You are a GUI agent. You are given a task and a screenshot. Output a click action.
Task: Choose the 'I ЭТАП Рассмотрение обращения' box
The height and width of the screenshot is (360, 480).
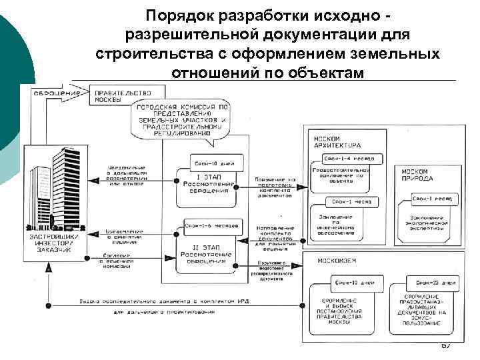[205, 183]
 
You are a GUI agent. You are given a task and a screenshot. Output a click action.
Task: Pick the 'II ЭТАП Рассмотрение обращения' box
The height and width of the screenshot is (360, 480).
[207, 255]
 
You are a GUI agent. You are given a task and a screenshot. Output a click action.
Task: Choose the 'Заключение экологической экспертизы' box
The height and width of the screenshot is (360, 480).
[427, 222]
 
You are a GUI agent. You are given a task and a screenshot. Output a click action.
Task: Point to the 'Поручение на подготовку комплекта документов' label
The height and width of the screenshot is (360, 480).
[273, 187]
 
